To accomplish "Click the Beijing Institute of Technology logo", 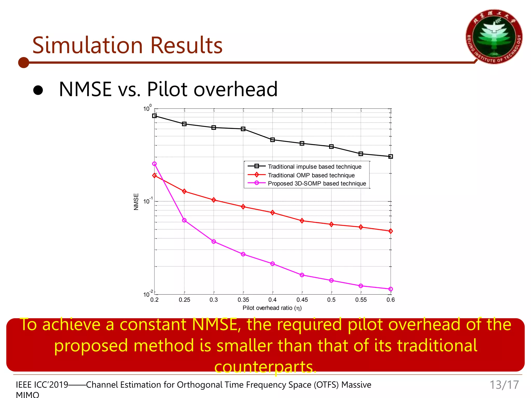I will [x=494, y=37].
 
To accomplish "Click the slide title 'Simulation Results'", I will [x=127, y=45].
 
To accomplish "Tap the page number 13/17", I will [x=504, y=385].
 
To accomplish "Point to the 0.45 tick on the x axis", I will [x=302, y=300].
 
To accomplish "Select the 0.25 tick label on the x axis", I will [x=184, y=300].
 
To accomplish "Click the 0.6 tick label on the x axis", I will [x=390, y=300].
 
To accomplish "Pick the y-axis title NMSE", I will [x=136, y=202].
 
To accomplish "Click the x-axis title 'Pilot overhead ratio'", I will [x=272, y=308].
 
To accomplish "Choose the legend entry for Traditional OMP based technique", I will [x=311, y=175].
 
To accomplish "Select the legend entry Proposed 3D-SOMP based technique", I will [x=317, y=183].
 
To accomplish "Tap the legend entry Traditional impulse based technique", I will [x=314, y=167].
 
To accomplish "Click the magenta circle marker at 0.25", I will [x=184, y=221].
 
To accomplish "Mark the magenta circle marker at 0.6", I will [x=391, y=289].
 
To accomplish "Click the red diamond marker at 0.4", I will [x=273, y=213].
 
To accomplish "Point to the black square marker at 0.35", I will [x=243, y=129].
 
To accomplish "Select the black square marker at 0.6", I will [x=391, y=157].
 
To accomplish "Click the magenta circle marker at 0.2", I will [x=155, y=164].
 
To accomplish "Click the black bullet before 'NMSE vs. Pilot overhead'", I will [x=38, y=90].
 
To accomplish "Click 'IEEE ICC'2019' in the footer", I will [x=42, y=385].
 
